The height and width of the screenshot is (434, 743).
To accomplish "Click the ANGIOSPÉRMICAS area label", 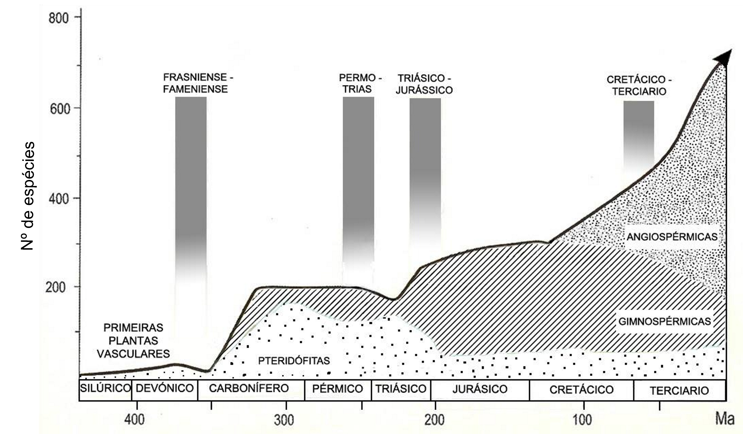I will (x=672, y=237).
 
